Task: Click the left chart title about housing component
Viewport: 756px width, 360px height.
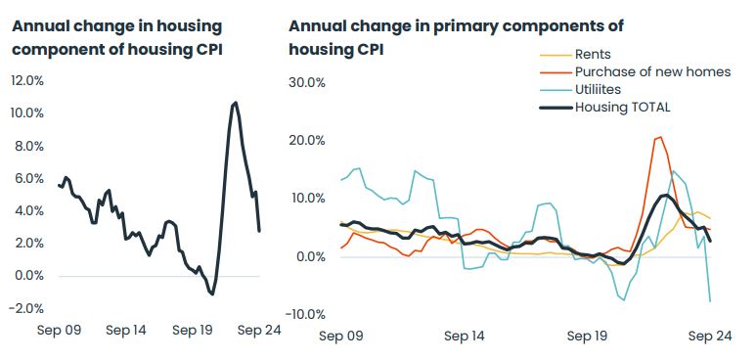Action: tap(116, 37)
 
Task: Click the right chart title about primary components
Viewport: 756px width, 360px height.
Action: tap(456, 37)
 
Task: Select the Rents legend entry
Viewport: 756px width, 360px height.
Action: tap(594, 55)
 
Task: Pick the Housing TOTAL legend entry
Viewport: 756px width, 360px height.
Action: tap(622, 107)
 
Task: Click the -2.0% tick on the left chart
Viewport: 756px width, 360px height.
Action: tap(25, 308)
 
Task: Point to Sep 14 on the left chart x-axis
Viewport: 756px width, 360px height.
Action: tap(125, 330)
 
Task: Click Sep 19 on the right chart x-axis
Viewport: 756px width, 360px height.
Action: tap(587, 336)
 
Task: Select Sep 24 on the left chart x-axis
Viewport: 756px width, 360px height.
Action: tap(259, 330)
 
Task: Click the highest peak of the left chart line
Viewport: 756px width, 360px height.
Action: tap(235, 102)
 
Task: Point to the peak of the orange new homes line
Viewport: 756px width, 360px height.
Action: tap(660, 137)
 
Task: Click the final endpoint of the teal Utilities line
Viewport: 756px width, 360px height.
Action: tap(710, 301)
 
